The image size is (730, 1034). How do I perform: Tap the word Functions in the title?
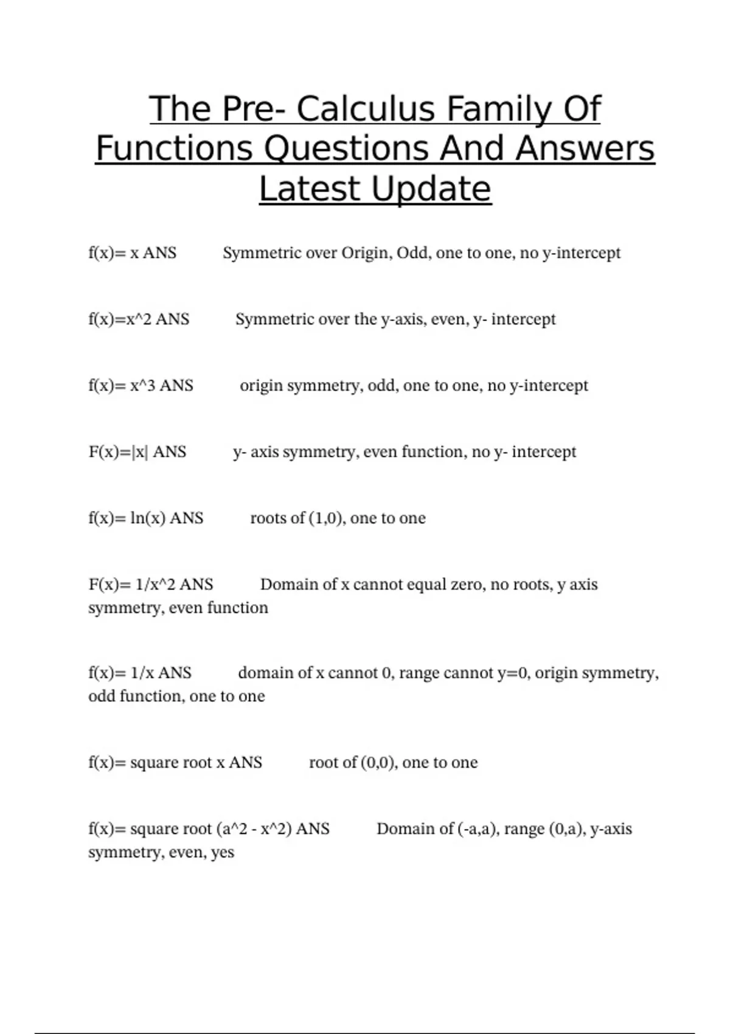click(x=173, y=149)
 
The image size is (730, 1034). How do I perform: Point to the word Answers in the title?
click(x=585, y=149)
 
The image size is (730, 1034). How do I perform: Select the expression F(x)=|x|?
click(x=119, y=452)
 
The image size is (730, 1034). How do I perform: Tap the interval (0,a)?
click(x=567, y=829)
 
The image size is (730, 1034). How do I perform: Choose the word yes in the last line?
click(x=223, y=853)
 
